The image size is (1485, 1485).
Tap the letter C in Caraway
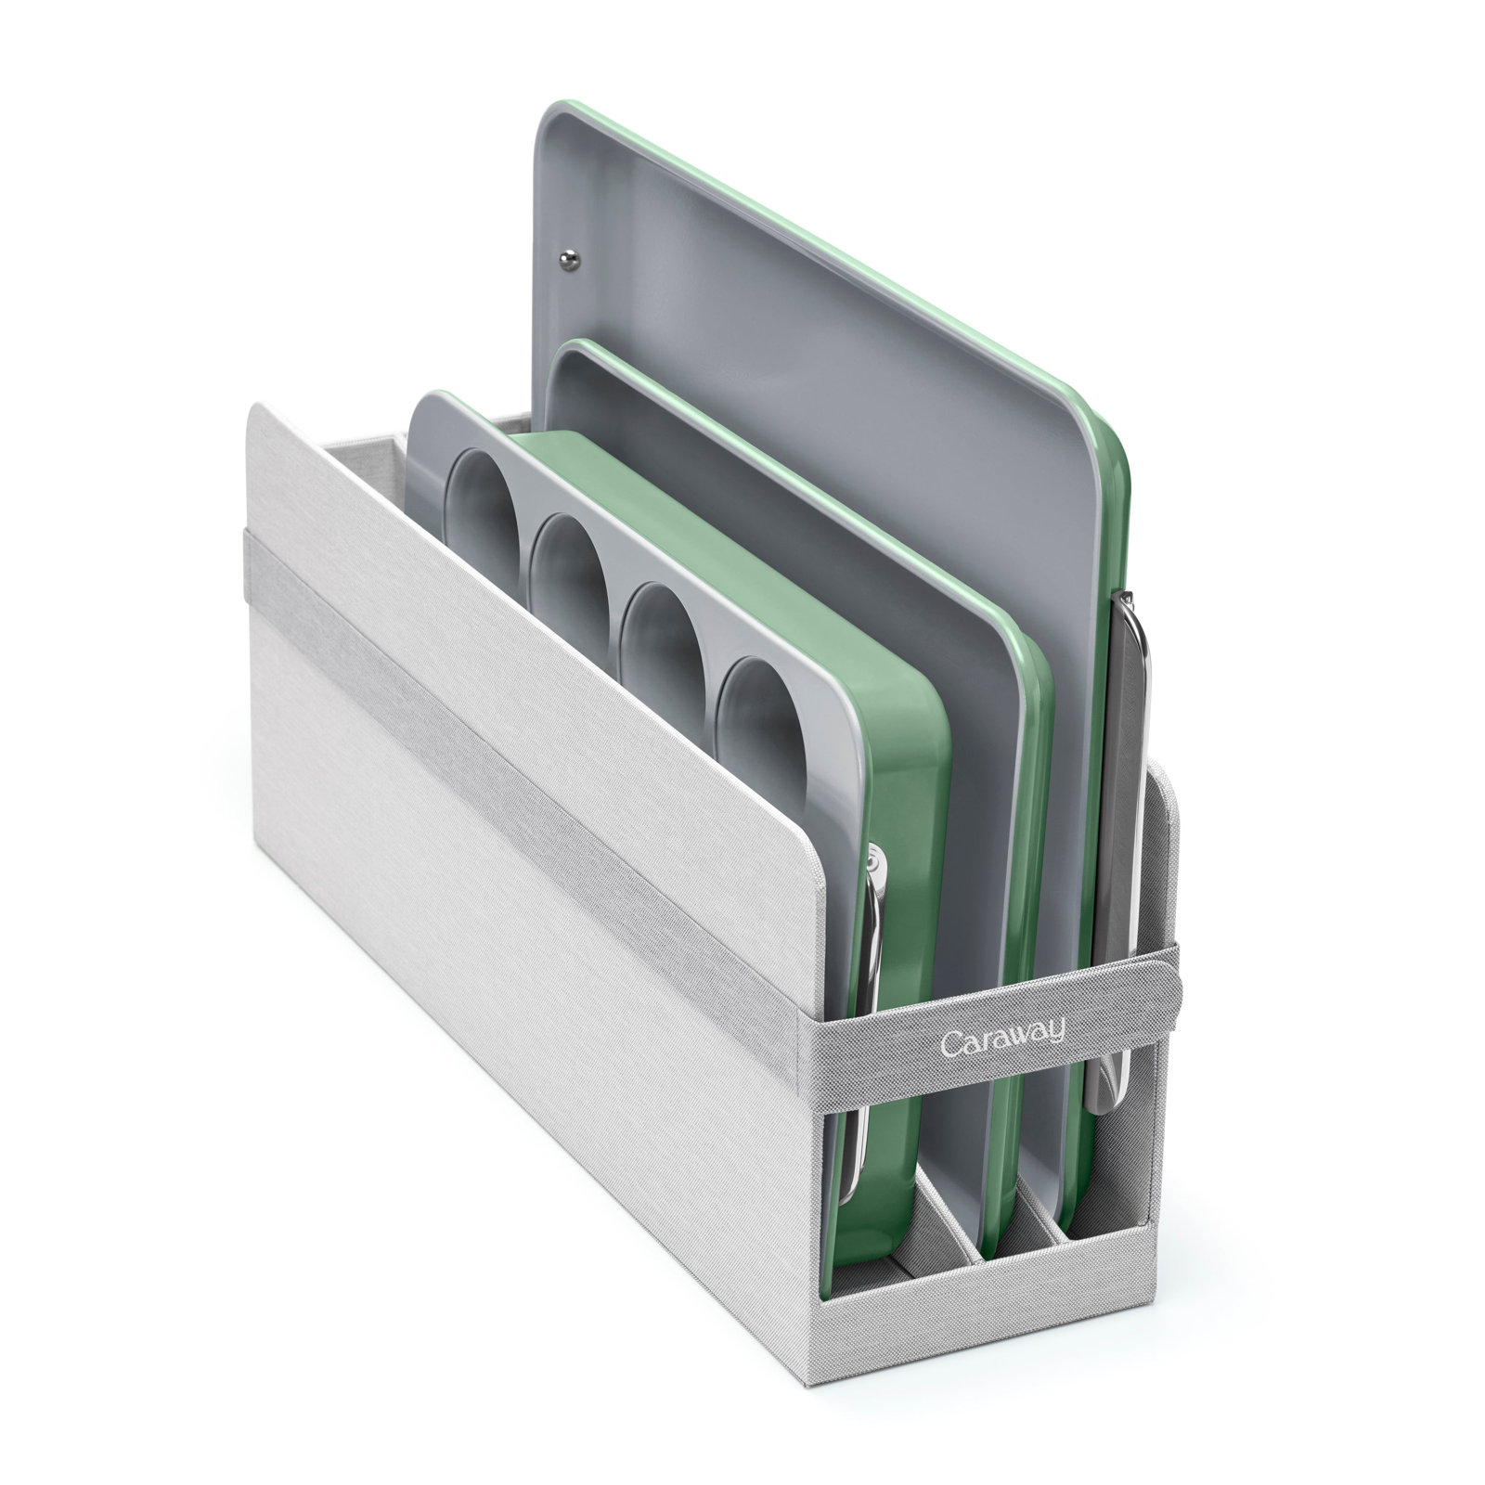tap(949, 1043)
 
